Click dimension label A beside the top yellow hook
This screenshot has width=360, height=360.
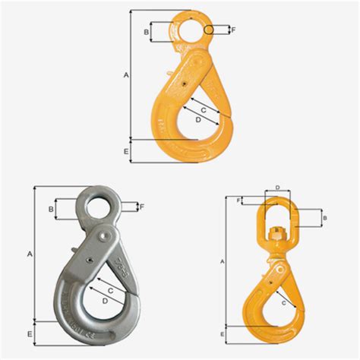point(126,74)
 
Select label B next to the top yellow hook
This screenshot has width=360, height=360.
point(146,31)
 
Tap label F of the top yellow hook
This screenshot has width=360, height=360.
point(234,30)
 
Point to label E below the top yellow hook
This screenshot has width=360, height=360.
point(125,152)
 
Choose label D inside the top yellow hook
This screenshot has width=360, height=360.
point(198,119)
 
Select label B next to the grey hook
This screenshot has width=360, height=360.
point(50,208)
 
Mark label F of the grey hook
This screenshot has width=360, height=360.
point(142,206)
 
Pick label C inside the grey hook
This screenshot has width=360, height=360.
point(111,290)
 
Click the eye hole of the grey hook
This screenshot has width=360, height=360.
point(96,206)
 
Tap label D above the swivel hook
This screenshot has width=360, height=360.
point(278,187)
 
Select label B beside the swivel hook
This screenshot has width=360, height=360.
point(324,218)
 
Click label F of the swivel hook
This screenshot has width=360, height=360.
point(238,201)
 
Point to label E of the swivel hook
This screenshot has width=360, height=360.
point(221,333)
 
